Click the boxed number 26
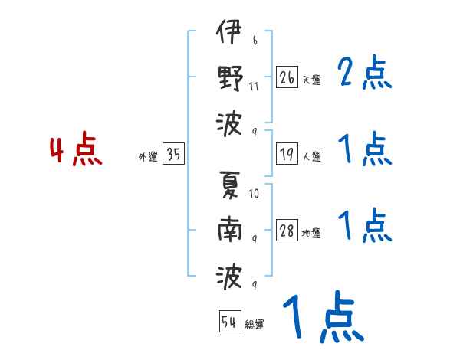pos(286,77)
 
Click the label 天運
pos(311,80)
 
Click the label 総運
pos(255,325)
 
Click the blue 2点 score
pos(364,74)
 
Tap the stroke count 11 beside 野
pos(254,85)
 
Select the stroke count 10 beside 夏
pos(254,193)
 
